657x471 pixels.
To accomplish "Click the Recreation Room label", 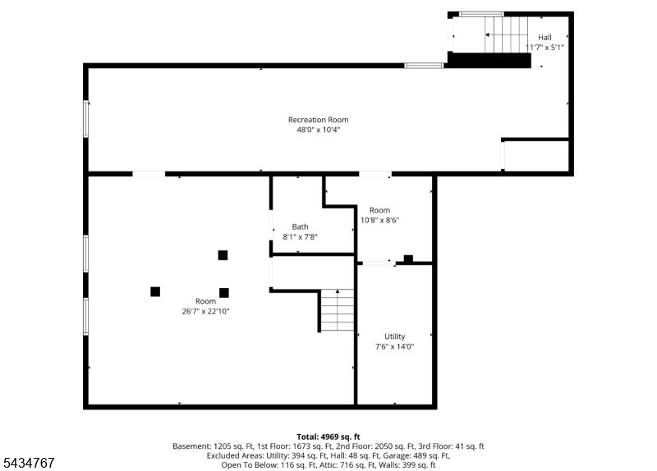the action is (x=318, y=120).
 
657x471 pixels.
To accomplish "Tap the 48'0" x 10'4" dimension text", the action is (x=318, y=130).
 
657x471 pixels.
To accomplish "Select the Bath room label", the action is (x=300, y=227).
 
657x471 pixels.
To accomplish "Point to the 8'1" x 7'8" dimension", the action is (x=300, y=237).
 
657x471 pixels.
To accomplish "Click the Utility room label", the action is (x=395, y=336).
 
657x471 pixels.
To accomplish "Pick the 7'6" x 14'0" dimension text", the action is (x=395, y=346).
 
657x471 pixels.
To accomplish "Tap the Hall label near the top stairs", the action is (x=544, y=37).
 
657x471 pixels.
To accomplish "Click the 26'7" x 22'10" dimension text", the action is (x=206, y=312).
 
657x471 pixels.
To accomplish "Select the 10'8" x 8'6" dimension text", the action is (x=380, y=220).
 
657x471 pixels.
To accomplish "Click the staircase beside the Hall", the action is (x=506, y=34).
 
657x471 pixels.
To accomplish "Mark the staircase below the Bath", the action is (x=338, y=310).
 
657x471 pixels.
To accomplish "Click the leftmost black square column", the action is (x=155, y=292).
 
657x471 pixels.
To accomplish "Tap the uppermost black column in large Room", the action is (x=223, y=255).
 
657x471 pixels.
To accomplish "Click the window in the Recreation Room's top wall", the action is (x=424, y=66).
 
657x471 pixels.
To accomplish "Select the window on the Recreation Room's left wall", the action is (x=86, y=119).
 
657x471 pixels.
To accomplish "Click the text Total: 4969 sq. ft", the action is (x=328, y=437).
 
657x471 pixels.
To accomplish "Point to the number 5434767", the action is (x=29, y=463).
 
